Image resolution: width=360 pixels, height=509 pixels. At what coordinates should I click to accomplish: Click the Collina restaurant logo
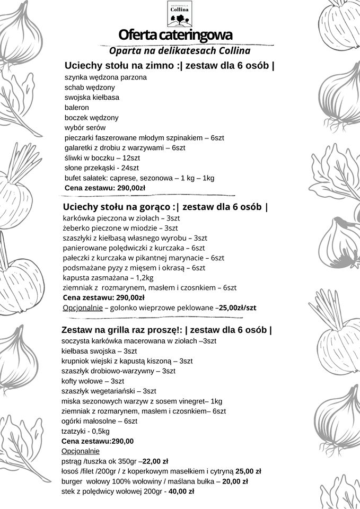[180, 14]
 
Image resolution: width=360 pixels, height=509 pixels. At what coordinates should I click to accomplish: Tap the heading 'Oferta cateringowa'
[175, 36]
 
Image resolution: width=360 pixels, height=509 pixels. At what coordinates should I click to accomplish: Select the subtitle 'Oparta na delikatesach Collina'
[179, 51]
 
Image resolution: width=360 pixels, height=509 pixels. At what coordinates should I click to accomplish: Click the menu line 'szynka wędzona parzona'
[106, 77]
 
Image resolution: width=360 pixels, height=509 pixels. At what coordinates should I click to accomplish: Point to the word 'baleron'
[77, 108]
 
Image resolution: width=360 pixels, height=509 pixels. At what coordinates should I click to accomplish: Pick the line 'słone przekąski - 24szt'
[101, 168]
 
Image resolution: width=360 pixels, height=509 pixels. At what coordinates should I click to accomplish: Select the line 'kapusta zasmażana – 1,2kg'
[108, 278]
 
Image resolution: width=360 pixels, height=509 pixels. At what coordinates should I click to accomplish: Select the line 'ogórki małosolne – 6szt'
[99, 421]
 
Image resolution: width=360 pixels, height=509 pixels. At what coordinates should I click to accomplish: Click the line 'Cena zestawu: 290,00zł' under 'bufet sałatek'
[105, 188]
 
